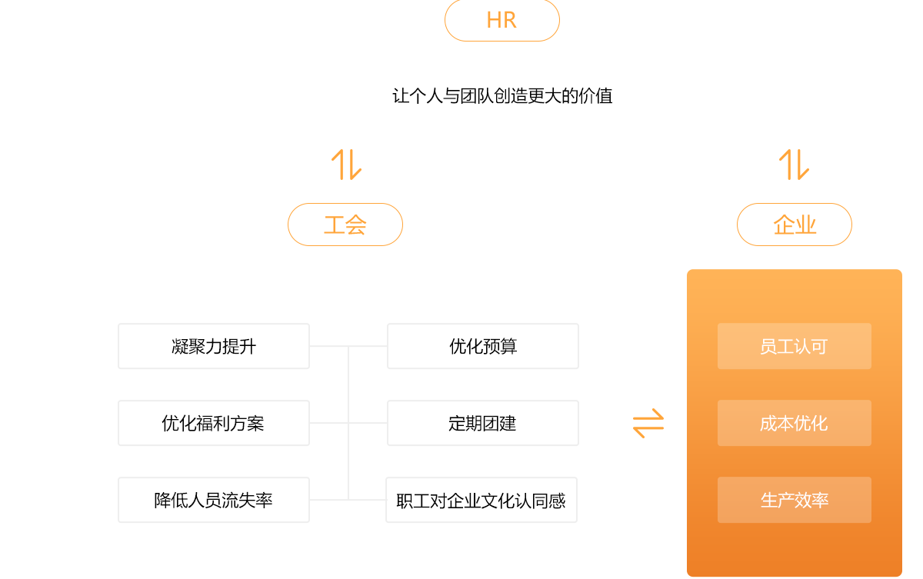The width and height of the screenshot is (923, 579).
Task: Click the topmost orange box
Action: [x=501, y=21]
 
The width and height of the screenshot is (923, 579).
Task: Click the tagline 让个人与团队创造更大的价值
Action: [x=502, y=97]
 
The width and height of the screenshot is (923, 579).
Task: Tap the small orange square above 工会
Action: [x=346, y=165]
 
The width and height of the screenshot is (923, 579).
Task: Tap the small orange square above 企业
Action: [x=794, y=165]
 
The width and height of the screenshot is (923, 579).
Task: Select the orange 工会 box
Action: [x=345, y=225]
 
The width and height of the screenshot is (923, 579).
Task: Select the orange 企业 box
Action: [x=794, y=225]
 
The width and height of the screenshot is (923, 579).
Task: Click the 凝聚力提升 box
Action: [x=214, y=346]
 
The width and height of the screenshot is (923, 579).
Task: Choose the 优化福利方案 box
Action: [x=214, y=423]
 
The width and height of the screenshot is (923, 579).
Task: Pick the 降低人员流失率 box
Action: [x=214, y=500]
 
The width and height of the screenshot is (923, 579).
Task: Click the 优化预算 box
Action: [x=483, y=346]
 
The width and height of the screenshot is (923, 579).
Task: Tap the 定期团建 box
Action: [x=483, y=423]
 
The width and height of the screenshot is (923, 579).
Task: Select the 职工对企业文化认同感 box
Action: [x=481, y=500]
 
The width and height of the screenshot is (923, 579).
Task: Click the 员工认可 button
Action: [x=794, y=346]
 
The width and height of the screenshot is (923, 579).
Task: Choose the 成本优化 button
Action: [x=794, y=423]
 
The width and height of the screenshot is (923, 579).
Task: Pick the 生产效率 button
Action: [x=794, y=500]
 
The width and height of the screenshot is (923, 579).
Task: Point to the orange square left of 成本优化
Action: [x=648, y=423]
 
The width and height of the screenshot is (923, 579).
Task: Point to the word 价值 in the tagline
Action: [x=595, y=97]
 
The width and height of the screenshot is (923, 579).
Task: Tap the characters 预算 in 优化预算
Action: [x=500, y=346]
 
